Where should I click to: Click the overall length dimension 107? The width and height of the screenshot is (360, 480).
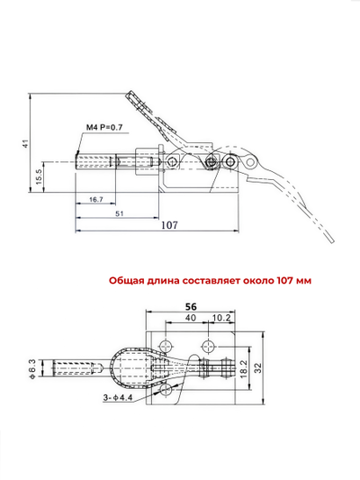coord(168,225)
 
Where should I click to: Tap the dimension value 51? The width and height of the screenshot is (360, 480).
coord(120,213)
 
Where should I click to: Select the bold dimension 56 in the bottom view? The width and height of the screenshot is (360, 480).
coord(190,305)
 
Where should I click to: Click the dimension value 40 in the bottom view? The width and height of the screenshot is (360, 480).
coord(190,317)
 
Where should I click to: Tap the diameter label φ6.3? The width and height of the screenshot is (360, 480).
coord(32,369)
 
